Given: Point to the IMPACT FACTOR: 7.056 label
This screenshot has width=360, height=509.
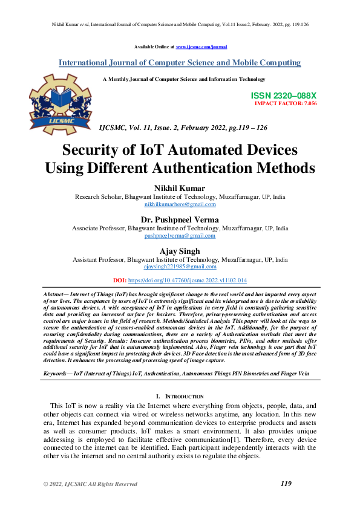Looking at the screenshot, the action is [286, 103].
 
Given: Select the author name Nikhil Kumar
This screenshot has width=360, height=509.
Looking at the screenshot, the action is [180, 188].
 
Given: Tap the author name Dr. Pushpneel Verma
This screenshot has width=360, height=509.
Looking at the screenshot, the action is [180, 219].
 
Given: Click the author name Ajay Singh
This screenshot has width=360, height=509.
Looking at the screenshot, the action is [180, 251].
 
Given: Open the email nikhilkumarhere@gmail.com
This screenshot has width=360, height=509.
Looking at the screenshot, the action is [180, 205].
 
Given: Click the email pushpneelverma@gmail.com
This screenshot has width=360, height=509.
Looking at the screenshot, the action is [180, 236].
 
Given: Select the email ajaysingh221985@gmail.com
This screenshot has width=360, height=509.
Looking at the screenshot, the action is [180, 267].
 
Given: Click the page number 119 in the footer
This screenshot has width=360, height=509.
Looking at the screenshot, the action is [287, 484].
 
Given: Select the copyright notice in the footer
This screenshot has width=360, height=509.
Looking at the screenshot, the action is [90, 484].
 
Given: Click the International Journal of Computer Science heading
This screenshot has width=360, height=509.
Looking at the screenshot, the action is [180, 63].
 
